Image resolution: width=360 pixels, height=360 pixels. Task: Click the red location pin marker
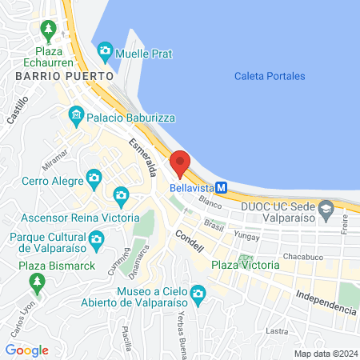pyautogui.click(x=180, y=162)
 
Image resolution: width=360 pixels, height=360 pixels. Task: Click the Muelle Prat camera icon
pyautogui.click(x=105, y=54)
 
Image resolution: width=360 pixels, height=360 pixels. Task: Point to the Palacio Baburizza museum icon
pyautogui.click(x=76, y=115)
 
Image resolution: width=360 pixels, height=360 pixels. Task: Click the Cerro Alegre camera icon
pyautogui.click(x=93, y=177)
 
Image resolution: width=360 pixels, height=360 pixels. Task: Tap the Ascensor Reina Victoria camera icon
pyautogui.click(x=121, y=194)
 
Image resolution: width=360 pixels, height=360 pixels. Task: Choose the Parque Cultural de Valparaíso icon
pyautogui.click(x=96, y=238)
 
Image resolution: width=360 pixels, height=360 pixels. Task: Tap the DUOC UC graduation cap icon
pyautogui.click(x=326, y=210)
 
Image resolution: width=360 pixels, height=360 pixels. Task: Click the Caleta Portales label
pyautogui.click(x=270, y=76)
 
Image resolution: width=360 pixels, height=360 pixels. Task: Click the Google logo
pyautogui.click(x=27, y=350)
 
